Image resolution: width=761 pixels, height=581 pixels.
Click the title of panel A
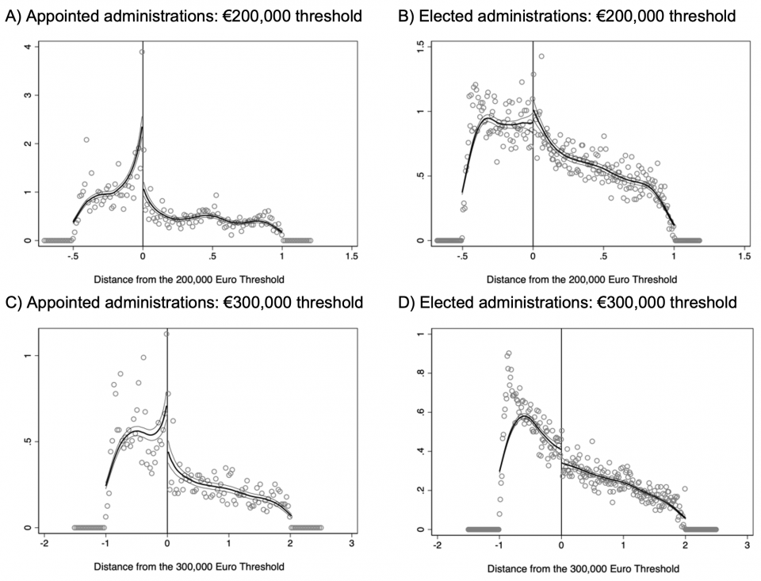[x=183, y=16]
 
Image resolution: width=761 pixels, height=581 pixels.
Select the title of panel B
[x=566, y=16]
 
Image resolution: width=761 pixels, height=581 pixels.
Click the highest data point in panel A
[x=142, y=52]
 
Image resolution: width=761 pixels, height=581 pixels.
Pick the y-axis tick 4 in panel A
[x=29, y=48]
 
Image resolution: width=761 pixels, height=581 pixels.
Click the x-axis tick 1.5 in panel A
[x=352, y=257]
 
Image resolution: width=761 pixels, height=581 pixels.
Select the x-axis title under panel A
[x=189, y=279]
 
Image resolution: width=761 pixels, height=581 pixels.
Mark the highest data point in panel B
[x=541, y=56]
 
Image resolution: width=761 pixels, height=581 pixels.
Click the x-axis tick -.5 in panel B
[x=462, y=257]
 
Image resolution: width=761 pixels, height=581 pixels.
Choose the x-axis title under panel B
[x=582, y=279]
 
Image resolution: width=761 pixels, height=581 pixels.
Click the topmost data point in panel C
[x=166, y=334]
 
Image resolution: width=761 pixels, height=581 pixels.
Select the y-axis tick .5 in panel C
[x=29, y=441]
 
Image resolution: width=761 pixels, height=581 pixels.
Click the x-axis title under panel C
[x=189, y=566]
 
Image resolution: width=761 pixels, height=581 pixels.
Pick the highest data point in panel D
[x=508, y=354]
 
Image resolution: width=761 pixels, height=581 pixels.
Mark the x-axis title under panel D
[x=583, y=568]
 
